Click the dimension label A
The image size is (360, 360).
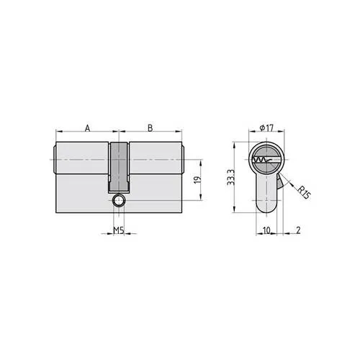coord(86,127)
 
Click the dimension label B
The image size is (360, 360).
coord(150,127)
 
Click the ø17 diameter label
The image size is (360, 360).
coord(266,127)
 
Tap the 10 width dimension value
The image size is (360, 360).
coord(266,230)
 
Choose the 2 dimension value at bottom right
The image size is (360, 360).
coord(297,230)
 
